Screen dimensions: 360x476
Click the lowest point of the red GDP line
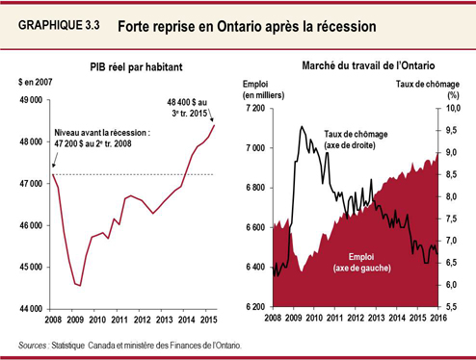[79, 285]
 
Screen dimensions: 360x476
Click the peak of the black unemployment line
[302, 126]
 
